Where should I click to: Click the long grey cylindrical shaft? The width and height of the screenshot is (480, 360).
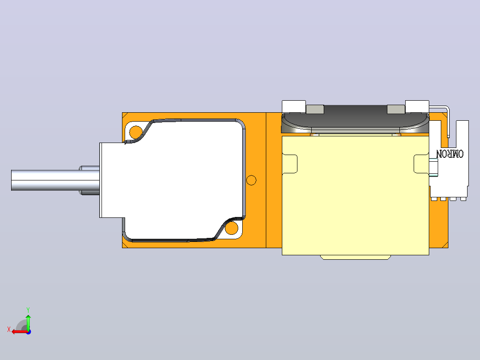(55, 180)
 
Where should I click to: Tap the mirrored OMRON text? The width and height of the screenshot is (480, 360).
(450, 154)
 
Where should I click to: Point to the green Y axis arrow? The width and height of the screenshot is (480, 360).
(28, 322)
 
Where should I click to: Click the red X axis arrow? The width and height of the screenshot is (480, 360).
(20, 331)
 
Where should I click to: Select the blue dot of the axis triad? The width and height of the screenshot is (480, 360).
(28, 332)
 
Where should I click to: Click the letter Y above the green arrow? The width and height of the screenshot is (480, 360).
(28, 310)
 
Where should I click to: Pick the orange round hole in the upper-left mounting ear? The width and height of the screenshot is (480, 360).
(136, 132)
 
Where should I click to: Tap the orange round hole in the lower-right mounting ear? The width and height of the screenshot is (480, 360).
(232, 228)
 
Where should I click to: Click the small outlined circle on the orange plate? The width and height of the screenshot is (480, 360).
(251, 180)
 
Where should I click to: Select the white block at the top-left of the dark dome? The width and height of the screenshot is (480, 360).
(293, 106)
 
